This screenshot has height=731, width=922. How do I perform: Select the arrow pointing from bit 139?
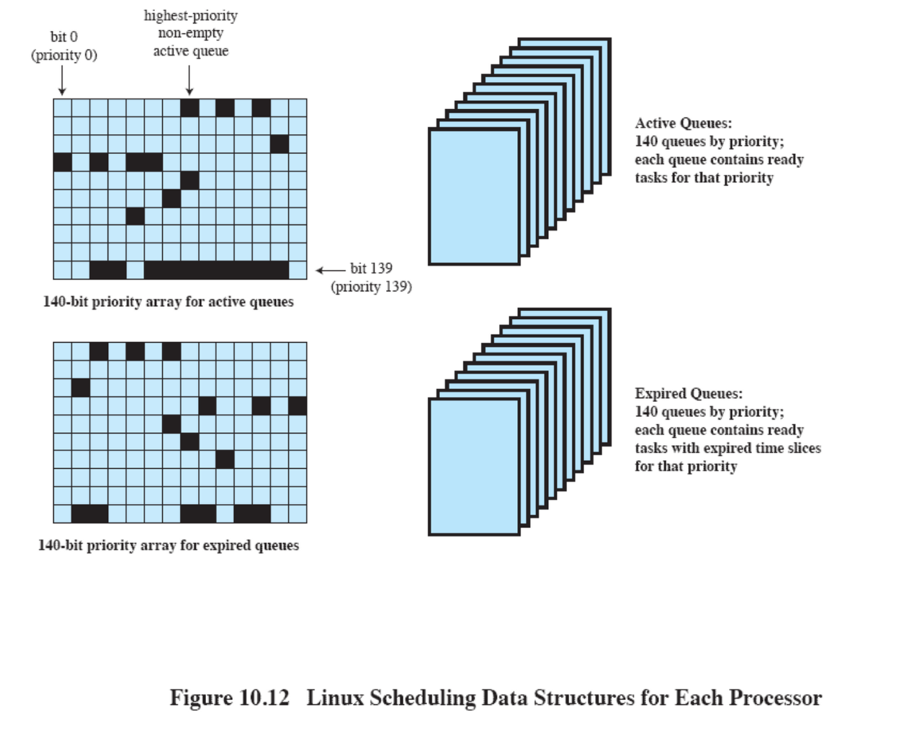[330, 271]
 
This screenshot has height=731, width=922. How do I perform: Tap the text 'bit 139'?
[371, 269]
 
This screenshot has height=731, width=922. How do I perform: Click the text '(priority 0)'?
[64, 55]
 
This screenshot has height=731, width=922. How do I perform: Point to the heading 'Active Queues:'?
[683, 123]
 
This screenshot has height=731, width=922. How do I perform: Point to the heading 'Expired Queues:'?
[688, 393]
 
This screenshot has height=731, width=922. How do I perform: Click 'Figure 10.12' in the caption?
[229, 698]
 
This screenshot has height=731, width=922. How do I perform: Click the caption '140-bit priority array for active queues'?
[168, 302]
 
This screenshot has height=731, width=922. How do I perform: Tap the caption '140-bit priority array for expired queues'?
[168, 545]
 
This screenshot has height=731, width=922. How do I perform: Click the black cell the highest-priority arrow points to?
[189, 108]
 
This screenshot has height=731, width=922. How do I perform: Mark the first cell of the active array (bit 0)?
[63, 108]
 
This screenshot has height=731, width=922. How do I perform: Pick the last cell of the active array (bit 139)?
[297, 270]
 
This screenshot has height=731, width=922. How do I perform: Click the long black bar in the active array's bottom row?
[216, 270]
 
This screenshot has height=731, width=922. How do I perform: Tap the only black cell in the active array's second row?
[279, 144]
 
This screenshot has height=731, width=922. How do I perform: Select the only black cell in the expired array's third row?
[81, 387]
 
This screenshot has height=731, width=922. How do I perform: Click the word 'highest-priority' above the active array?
[190, 16]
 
